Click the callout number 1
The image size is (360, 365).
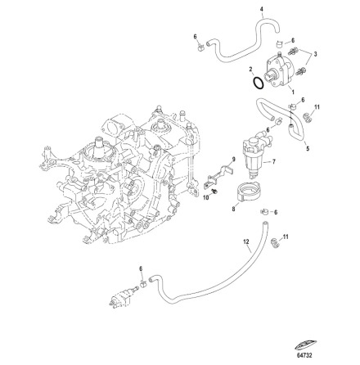[x=293, y=92]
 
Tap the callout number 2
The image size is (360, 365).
[x=251, y=70]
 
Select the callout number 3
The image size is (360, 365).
[x=316, y=54]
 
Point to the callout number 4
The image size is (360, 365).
[x=262, y=9]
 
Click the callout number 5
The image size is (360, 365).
[x=308, y=149]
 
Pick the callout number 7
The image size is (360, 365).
[x=274, y=162]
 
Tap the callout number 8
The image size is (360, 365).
[x=233, y=210]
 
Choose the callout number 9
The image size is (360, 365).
[x=234, y=159]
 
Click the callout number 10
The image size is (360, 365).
[x=206, y=197]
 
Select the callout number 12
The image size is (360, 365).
[x=246, y=241]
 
